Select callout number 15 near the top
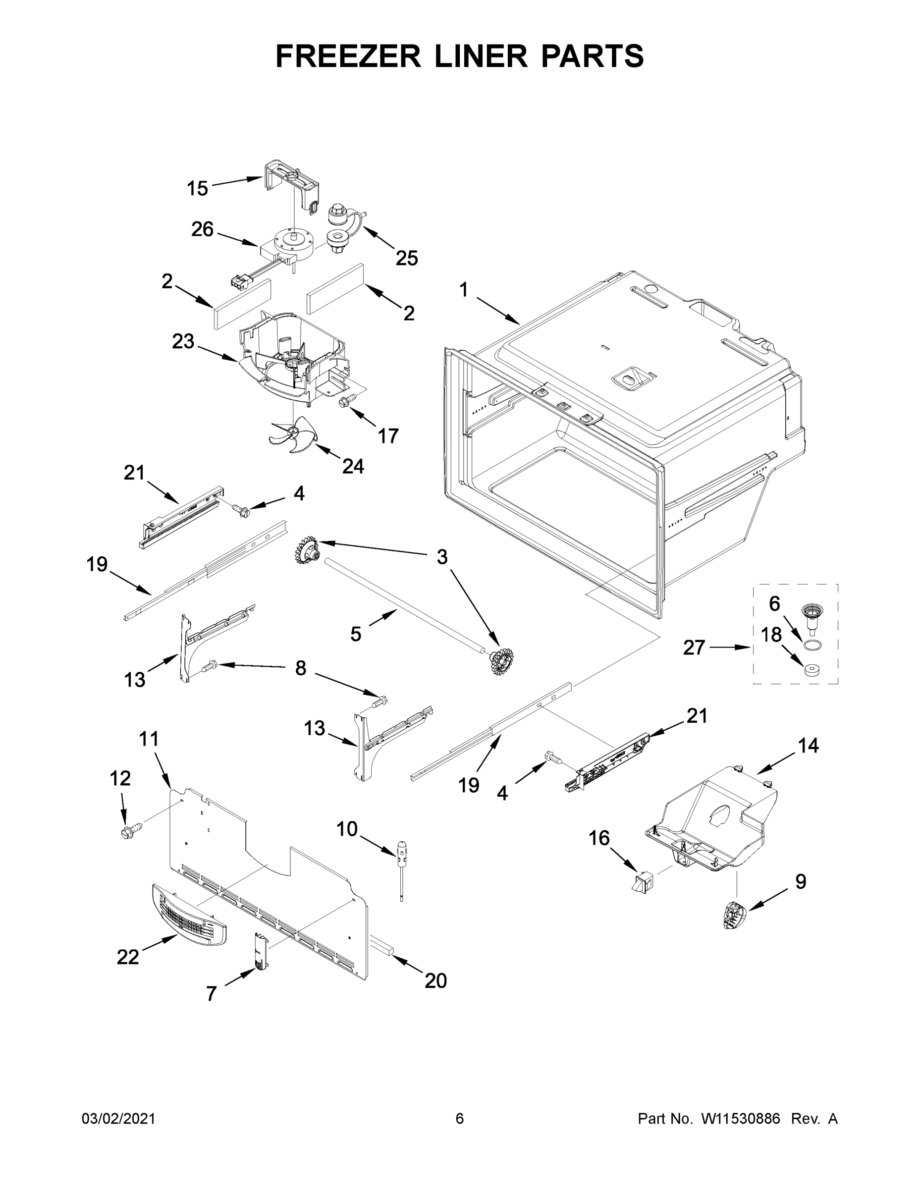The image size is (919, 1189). coord(197,189)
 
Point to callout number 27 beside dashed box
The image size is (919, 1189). coord(694,648)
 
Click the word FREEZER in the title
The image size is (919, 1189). coord(348,56)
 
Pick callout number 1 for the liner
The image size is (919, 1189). coord(463,290)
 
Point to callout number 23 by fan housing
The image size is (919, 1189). coord(183,342)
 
